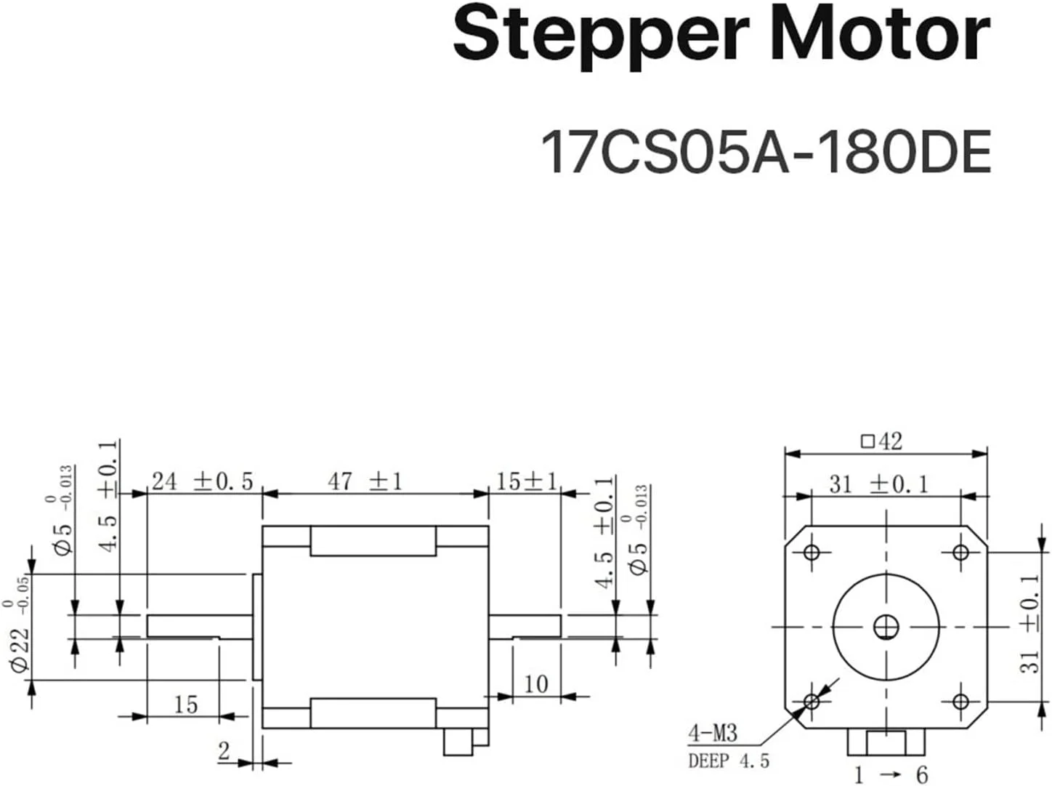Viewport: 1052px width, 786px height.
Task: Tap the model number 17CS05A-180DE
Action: pyautogui.click(x=766, y=152)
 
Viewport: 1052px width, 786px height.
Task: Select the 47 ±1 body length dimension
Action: pyautogui.click(x=365, y=481)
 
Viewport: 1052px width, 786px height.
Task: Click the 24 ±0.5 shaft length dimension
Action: pyautogui.click(x=202, y=481)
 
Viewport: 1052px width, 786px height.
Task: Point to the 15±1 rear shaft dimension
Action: pyautogui.click(x=526, y=481)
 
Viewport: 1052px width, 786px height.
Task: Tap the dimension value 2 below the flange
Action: pyautogui.click(x=224, y=750)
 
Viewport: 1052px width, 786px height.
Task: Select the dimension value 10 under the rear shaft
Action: pyautogui.click(x=535, y=683)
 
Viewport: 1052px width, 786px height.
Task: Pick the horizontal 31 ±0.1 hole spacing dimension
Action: pyautogui.click(x=879, y=484)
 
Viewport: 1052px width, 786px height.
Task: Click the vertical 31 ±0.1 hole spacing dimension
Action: pyautogui.click(x=1029, y=623)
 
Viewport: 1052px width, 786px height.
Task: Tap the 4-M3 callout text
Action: pyautogui.click(x=713, y=733)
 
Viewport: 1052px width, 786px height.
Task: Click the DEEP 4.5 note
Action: pyautogui.click(x=729, y=761)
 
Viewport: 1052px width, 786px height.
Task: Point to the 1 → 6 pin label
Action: pyautogui.click(x=890, y=774)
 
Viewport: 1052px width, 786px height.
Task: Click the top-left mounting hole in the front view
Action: pyautogui.click(x=812, y=553)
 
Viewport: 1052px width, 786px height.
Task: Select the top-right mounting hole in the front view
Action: pyautogui.click(x=960, y=553)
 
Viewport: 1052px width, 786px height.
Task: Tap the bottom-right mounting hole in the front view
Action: pyautogui.click(x=960, y=702)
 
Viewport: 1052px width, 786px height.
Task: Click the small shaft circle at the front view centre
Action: pyautogui.click(x=886, y=626)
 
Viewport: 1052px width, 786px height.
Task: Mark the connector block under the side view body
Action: pyautogui.click(x=464, y=739)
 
